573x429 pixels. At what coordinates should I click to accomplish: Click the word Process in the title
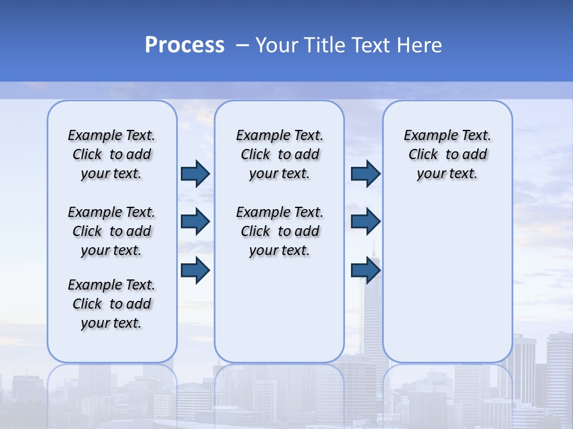coord(184,45)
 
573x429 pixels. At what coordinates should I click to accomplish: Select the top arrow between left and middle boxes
coord(195,173)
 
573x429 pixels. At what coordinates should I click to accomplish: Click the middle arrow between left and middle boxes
coord(195,222)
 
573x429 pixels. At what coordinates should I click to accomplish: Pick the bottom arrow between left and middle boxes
coord(195,270)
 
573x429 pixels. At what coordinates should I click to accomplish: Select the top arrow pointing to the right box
coord(365,173)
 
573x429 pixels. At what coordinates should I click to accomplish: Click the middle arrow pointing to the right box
coord(365,222)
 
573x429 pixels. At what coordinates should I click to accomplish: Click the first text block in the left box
coord(112,154)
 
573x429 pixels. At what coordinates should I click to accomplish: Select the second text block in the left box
coord(112,231)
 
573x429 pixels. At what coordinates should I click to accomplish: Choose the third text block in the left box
coord(112,304)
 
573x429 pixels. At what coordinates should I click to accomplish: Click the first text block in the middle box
coord(279,154)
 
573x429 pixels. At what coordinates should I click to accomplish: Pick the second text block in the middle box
coord(279,231)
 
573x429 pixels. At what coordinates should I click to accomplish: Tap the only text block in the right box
coord(447,154)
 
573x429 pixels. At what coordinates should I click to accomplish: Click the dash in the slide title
coord(242,45)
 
